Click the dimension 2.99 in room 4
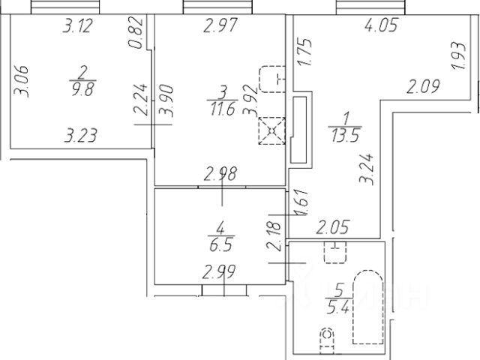pos(220,271)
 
